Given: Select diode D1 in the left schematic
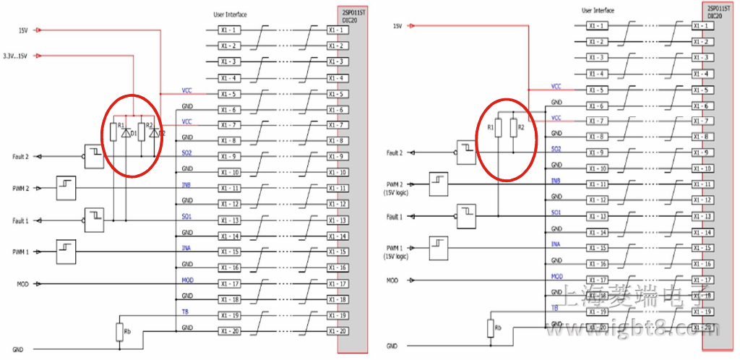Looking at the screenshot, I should (x=127, y=132).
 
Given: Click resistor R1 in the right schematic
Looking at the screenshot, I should (x=498, y=128).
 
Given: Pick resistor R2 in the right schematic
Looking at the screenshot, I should (x=513, y=128).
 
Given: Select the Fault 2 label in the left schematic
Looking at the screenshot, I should (x=20, y=156).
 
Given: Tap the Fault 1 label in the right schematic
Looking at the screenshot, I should (x=394, y=216).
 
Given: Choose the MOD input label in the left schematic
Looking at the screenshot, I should (x=22, y=284).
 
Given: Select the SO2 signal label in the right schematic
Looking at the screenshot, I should (x=556, y=150).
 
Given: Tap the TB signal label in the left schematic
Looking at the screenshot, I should (x=186, y=311).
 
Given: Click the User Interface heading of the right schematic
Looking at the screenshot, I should (x=598, y=10).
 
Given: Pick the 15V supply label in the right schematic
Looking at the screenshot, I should (x=397, y=26).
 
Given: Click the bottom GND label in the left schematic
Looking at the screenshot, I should (x=18, y=350).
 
